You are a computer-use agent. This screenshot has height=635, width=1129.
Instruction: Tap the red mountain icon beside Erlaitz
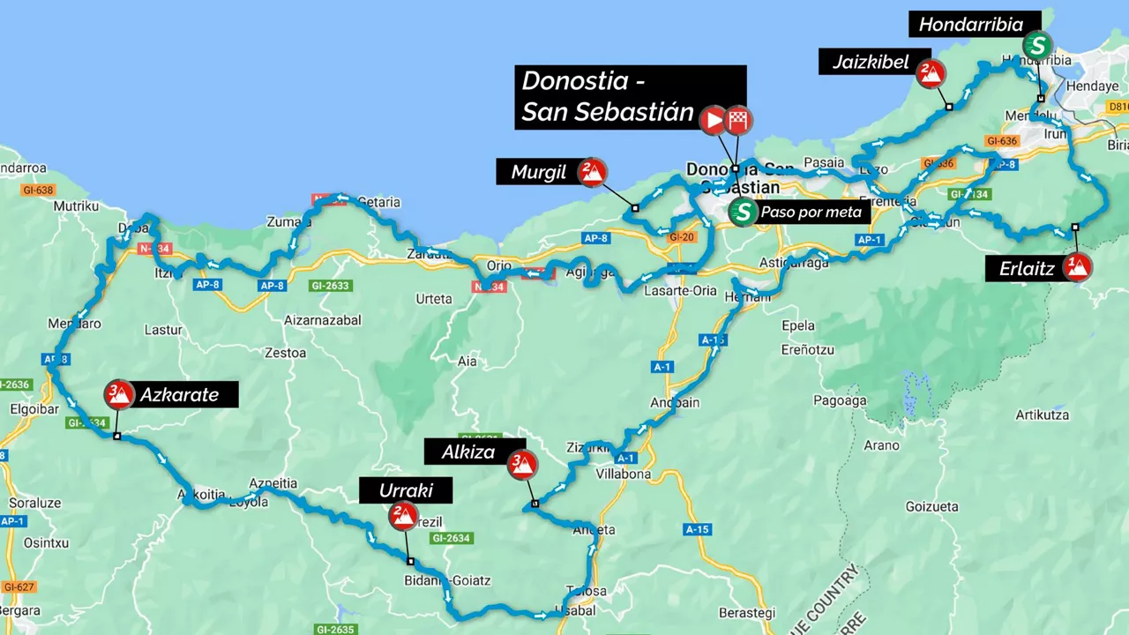click(x=1076, y=266)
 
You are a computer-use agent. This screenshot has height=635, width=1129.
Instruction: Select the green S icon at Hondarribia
click(x=1038, y=45)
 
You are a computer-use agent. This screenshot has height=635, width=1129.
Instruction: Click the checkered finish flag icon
click(x=737, y=120)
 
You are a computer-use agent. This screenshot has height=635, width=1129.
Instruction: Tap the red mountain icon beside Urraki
click(x=402, y=515)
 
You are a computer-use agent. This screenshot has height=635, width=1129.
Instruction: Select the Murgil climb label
click(x=539, y=172)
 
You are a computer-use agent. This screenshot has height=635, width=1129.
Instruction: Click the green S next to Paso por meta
click(x=744, y=212)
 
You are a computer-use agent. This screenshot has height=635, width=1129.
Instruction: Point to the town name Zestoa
click(x=285, y=353)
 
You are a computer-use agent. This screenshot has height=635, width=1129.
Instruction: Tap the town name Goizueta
click(x=931, y=507)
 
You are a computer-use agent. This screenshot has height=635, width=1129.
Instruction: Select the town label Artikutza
click(x=1042, y=415)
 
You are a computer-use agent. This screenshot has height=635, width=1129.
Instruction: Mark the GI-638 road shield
click(x=40, y=190)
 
